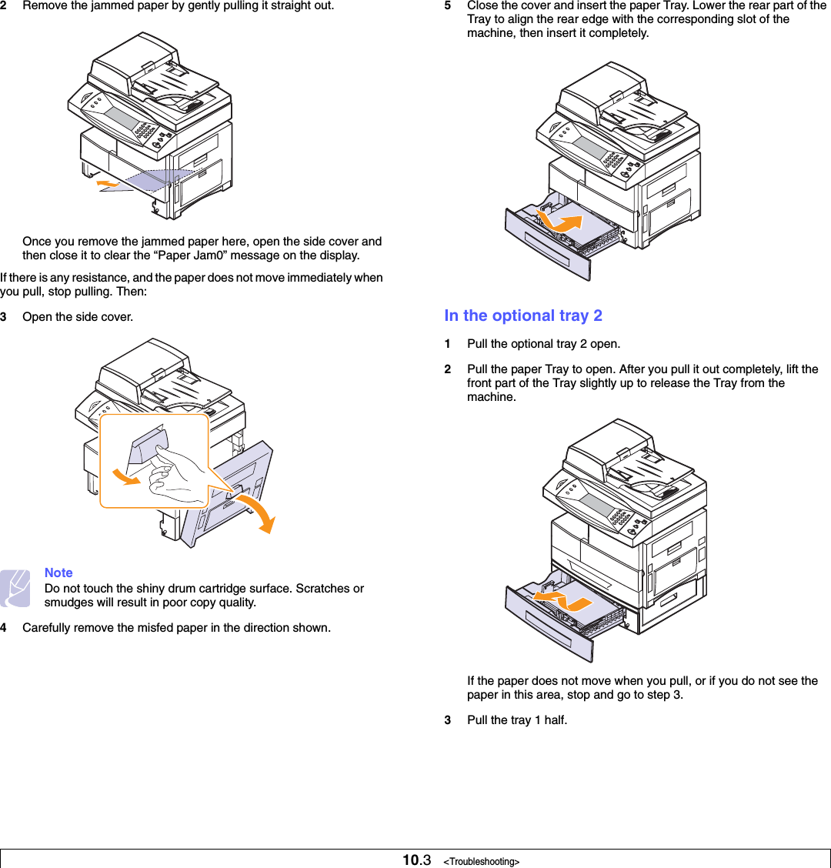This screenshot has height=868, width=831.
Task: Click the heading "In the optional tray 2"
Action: click(x=523, y=315)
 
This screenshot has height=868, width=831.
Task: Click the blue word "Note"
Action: click(x=58, y=573)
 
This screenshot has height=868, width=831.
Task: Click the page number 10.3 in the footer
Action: click(x=416, y=860)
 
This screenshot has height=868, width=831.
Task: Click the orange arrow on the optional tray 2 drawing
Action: click(x=561, y=596)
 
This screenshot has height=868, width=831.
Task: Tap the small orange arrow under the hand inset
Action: click(x=128, y=477)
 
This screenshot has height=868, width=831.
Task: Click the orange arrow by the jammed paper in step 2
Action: click(x=108, y=182)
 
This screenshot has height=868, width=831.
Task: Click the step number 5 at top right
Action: click(x=448, y=5)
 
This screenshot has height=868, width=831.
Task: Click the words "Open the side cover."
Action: click(x=77, y=317)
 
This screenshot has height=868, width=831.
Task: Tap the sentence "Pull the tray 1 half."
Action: click(x=517, y=720)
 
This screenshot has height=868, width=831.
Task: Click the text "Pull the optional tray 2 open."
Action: click(x=543, y=344)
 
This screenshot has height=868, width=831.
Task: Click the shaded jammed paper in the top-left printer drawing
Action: click(x=154, y=181)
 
